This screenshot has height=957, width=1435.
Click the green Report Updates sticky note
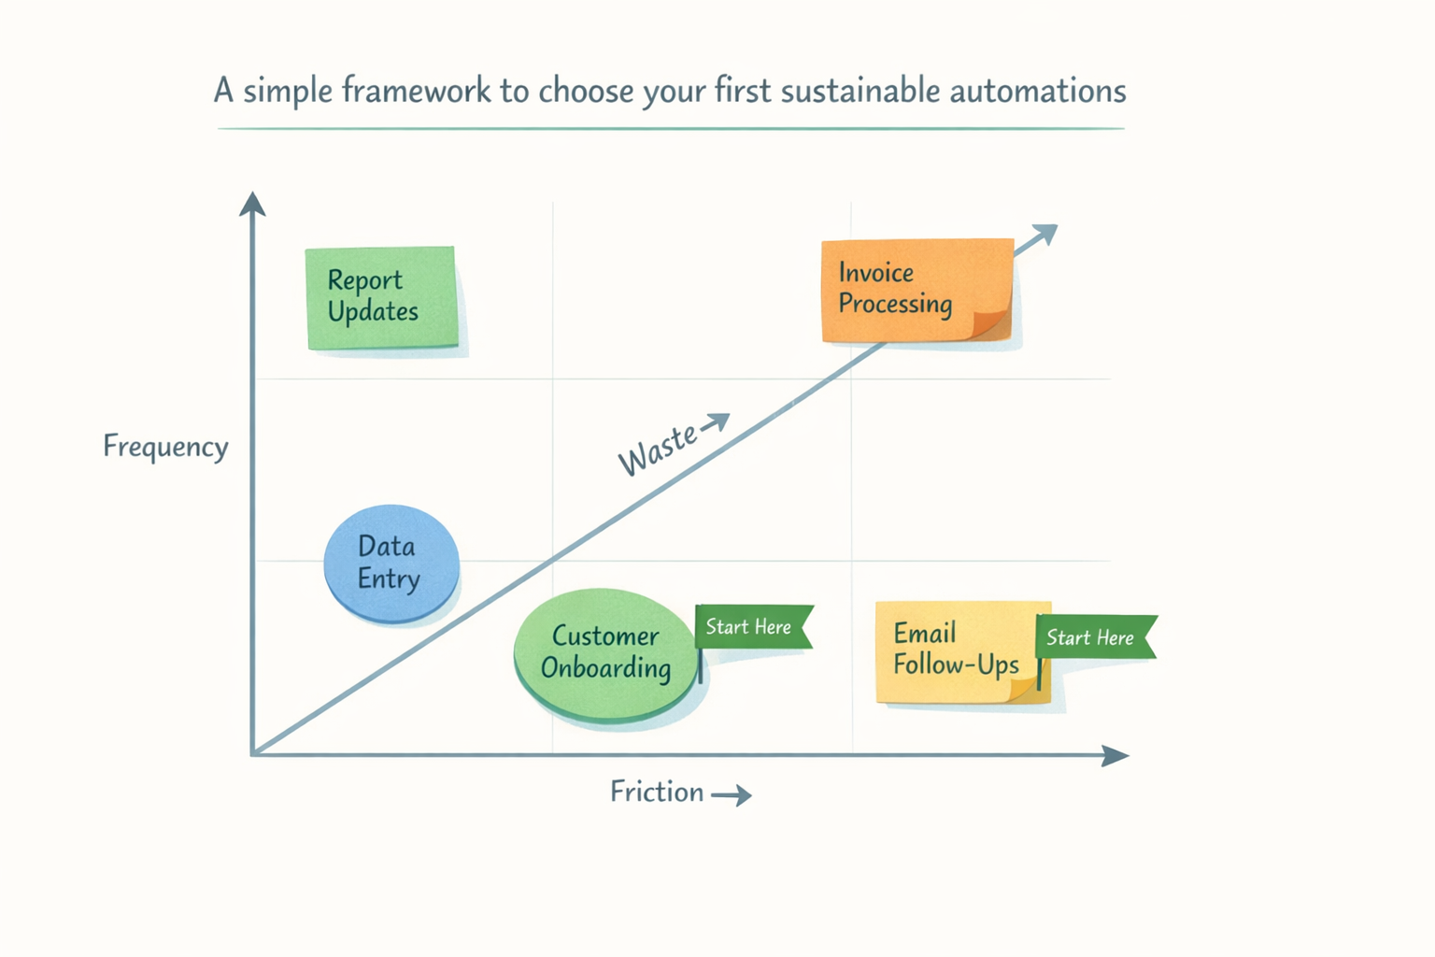coord(381,297)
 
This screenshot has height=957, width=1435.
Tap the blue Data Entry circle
coord(391,563)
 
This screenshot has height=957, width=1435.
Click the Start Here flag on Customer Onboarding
coord(752,626)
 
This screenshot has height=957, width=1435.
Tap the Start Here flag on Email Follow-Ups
coord(1093,637)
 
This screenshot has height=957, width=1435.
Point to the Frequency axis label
coord(165,446)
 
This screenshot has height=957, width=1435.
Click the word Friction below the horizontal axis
coord(656,792)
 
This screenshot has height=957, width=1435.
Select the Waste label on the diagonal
coord(657,449)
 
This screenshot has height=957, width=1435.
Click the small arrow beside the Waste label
coord(716,422)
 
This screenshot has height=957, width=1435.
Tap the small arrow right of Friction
coord(732,795)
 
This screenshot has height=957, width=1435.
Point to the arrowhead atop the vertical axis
coord(252,203)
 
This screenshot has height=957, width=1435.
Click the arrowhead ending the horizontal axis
coord(1115,755)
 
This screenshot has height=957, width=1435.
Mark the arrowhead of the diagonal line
coord(1045,233)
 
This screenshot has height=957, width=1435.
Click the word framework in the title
coord(416,91)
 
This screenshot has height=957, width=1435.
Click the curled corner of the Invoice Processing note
coord(992,322)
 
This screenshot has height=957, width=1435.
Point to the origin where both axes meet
coord(253,753)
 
